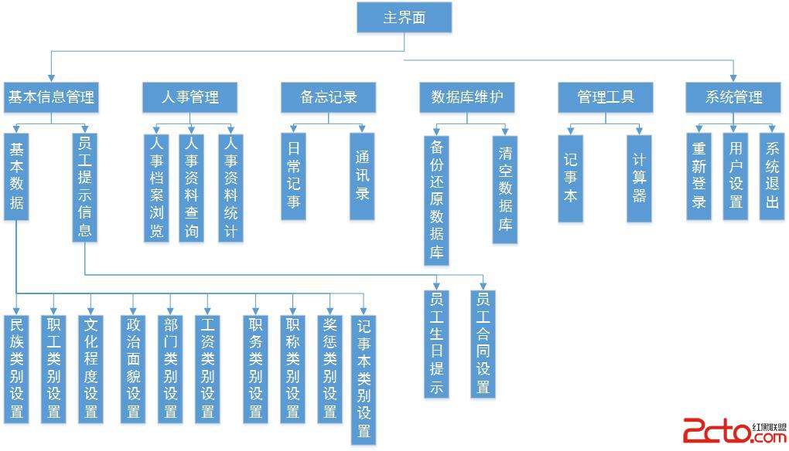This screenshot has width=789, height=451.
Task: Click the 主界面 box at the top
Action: click(404, 18)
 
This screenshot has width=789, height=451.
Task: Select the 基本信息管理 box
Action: click(51, 98)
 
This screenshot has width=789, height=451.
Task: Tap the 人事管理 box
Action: click(190, 98)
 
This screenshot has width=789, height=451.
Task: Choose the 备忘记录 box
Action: click(329, 98)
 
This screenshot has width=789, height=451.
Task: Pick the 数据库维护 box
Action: click(467, 98)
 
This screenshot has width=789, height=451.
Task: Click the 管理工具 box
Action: click(606, 98)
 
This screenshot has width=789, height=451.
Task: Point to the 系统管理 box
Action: click(734, 98)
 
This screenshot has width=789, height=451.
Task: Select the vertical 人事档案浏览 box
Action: click(157, 188)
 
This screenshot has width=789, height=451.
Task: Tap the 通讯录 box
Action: click(362, 177)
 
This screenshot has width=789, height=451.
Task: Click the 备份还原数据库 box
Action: click(439, 200)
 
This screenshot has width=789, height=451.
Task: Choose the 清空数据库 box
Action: click(505, 189)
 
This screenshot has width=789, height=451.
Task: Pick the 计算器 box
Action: click(639, 178)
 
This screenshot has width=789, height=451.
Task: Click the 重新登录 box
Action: click(699, 177)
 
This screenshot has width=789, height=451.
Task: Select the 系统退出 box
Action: click(771, 177)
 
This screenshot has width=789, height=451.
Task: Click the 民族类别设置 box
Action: click(15, 368)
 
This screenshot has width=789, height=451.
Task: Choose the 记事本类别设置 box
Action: click(364, 378)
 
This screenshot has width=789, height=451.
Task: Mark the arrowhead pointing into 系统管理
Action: click(734, 77)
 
